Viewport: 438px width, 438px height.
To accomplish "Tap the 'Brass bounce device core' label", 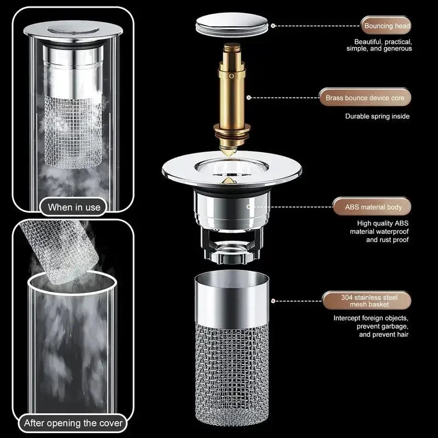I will click(x=365, y=98).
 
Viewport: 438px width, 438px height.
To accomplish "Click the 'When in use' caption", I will click(x=74, y=207).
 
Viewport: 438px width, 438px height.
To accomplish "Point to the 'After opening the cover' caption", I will click(x=73, y=423).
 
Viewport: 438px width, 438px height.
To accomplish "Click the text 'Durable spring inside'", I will click(x=377, y=116).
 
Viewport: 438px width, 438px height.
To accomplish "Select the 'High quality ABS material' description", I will click(x=379, y=231).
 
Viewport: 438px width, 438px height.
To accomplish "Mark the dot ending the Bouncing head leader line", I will click(x=274, y=25).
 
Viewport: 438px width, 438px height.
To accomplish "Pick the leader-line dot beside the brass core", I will click(x=249, y=98).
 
